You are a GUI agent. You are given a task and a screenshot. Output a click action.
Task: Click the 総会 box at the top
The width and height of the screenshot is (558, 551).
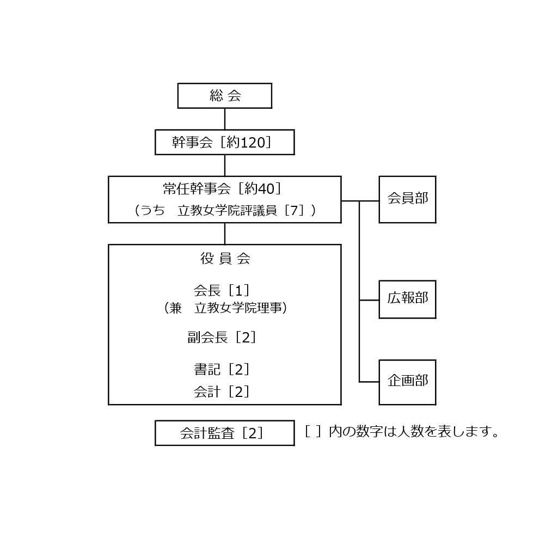pos(224,96)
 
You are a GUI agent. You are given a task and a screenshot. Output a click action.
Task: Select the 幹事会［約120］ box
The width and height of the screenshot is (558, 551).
pos(224,142)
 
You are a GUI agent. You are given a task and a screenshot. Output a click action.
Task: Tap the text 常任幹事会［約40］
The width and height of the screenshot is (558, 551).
pos(223,189)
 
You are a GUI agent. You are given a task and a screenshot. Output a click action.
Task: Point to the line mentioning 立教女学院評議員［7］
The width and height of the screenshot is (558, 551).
pos(225,211)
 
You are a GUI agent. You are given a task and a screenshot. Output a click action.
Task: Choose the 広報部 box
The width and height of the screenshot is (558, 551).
pos(407,299)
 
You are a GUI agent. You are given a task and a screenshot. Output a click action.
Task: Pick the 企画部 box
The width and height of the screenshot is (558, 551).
pos(407,382)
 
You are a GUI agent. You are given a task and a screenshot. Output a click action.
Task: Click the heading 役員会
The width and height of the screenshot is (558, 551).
pos(225,259)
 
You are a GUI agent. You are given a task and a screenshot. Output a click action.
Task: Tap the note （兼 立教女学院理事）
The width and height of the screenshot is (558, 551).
pos(225,308)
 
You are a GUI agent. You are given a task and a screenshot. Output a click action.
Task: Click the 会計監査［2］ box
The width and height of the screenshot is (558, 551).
pos(224,433)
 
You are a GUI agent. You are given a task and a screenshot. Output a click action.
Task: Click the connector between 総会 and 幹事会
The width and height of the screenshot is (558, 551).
pos(225,119)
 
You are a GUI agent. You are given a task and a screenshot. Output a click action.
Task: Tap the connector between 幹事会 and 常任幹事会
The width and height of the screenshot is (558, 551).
pos(225,166)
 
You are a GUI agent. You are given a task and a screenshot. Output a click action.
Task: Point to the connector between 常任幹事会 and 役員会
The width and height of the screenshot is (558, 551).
pos(225,234)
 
